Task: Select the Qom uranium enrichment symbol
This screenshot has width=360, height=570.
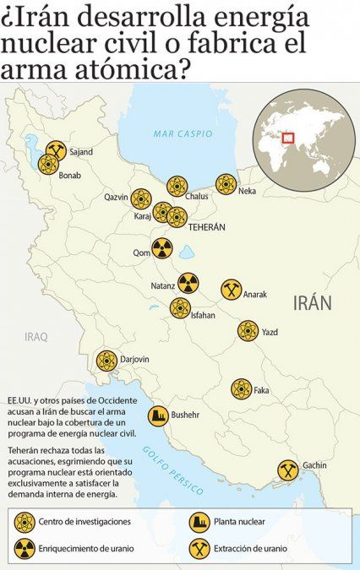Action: point(161,248)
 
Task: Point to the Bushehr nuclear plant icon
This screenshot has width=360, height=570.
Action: point(157,415)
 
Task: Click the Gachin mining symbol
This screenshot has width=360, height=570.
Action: point(286,469)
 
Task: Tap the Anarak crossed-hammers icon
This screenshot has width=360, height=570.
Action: point(231,290)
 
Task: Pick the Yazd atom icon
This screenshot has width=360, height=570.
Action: point(248,330)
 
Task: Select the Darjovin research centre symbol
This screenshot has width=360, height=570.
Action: point(106,361)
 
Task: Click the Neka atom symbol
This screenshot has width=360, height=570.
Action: point(226,184)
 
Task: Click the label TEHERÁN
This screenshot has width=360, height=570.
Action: point(206,228)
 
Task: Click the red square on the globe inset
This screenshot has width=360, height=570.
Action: point(288,138)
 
